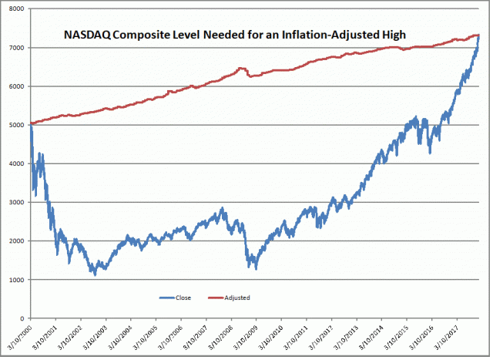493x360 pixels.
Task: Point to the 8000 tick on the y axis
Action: (16, 9)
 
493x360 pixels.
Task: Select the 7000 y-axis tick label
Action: (16, 48)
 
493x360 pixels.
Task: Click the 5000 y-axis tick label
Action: (16, 125)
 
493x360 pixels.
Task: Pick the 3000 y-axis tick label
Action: (16, 202)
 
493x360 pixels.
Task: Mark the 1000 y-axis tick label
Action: (16, 279)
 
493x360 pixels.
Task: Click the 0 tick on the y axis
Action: (23, 318)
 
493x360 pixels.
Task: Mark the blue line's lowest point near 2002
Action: (95, 274)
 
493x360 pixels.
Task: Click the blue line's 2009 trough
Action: (255, 268)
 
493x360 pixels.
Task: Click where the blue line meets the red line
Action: (478, 35)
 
